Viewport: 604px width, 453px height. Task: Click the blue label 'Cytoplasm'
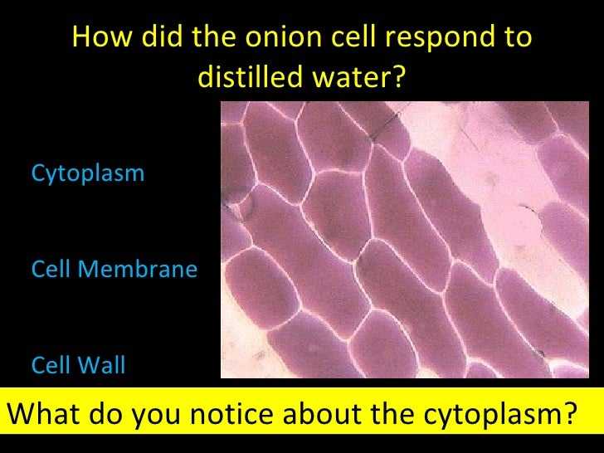pos(87,173)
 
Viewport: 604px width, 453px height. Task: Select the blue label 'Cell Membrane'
pos(114,269)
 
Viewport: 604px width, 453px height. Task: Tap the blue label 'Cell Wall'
pos(78,365)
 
